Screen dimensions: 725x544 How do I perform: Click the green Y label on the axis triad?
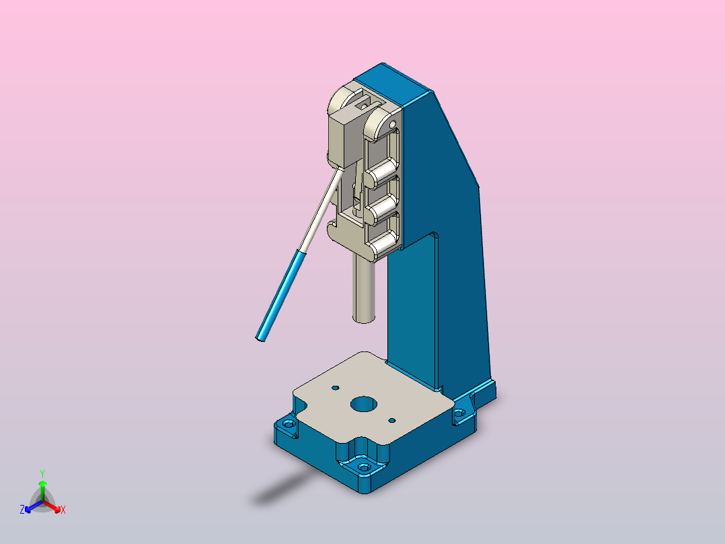tap(42, 473)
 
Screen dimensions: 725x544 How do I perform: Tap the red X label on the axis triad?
tap(63, 510)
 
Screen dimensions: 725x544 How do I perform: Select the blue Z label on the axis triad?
tap(22, 510)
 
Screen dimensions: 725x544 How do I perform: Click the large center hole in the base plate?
tap(364, 404)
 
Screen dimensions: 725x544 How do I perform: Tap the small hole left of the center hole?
tap(336, 388)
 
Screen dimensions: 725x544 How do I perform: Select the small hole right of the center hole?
tap(392, 420)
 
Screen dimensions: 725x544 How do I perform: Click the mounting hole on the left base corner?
tap(289, 423)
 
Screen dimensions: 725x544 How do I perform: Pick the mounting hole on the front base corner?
tap(365, 467)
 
